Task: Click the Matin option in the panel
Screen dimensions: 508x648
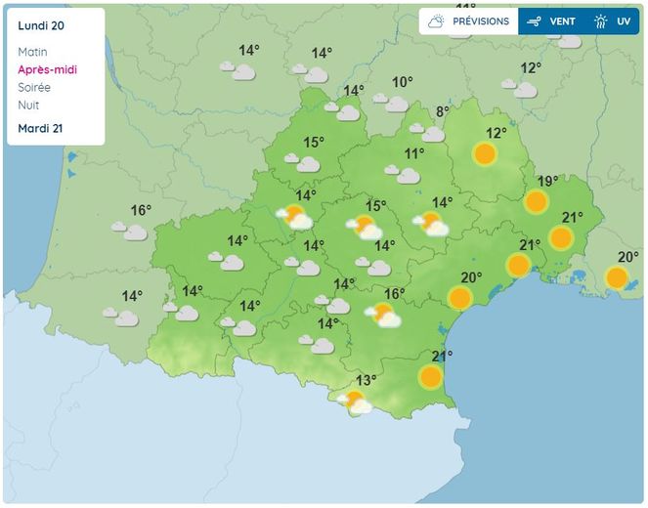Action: pos(32,52)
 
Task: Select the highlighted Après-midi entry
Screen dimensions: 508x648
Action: pos(47,69)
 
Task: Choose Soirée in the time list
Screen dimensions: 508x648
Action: pos(34,87)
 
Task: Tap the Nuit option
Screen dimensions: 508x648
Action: pos(28,105)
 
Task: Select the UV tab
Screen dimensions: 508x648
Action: pos(614,21)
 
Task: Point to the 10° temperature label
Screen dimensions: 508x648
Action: pos(403,82)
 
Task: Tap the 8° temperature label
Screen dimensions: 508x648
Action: pos(442,112)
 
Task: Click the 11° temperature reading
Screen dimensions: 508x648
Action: pos(414,153)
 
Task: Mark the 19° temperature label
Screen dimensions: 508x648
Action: pos(547,181)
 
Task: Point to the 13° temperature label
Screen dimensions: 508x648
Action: pos(367,380)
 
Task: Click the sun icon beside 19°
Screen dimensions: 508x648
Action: pos(535,202)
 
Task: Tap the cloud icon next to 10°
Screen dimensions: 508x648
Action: pos(395,102)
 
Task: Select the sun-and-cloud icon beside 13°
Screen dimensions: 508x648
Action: pos(355,401)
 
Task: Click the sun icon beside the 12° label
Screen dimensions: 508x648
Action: pos(485,154)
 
